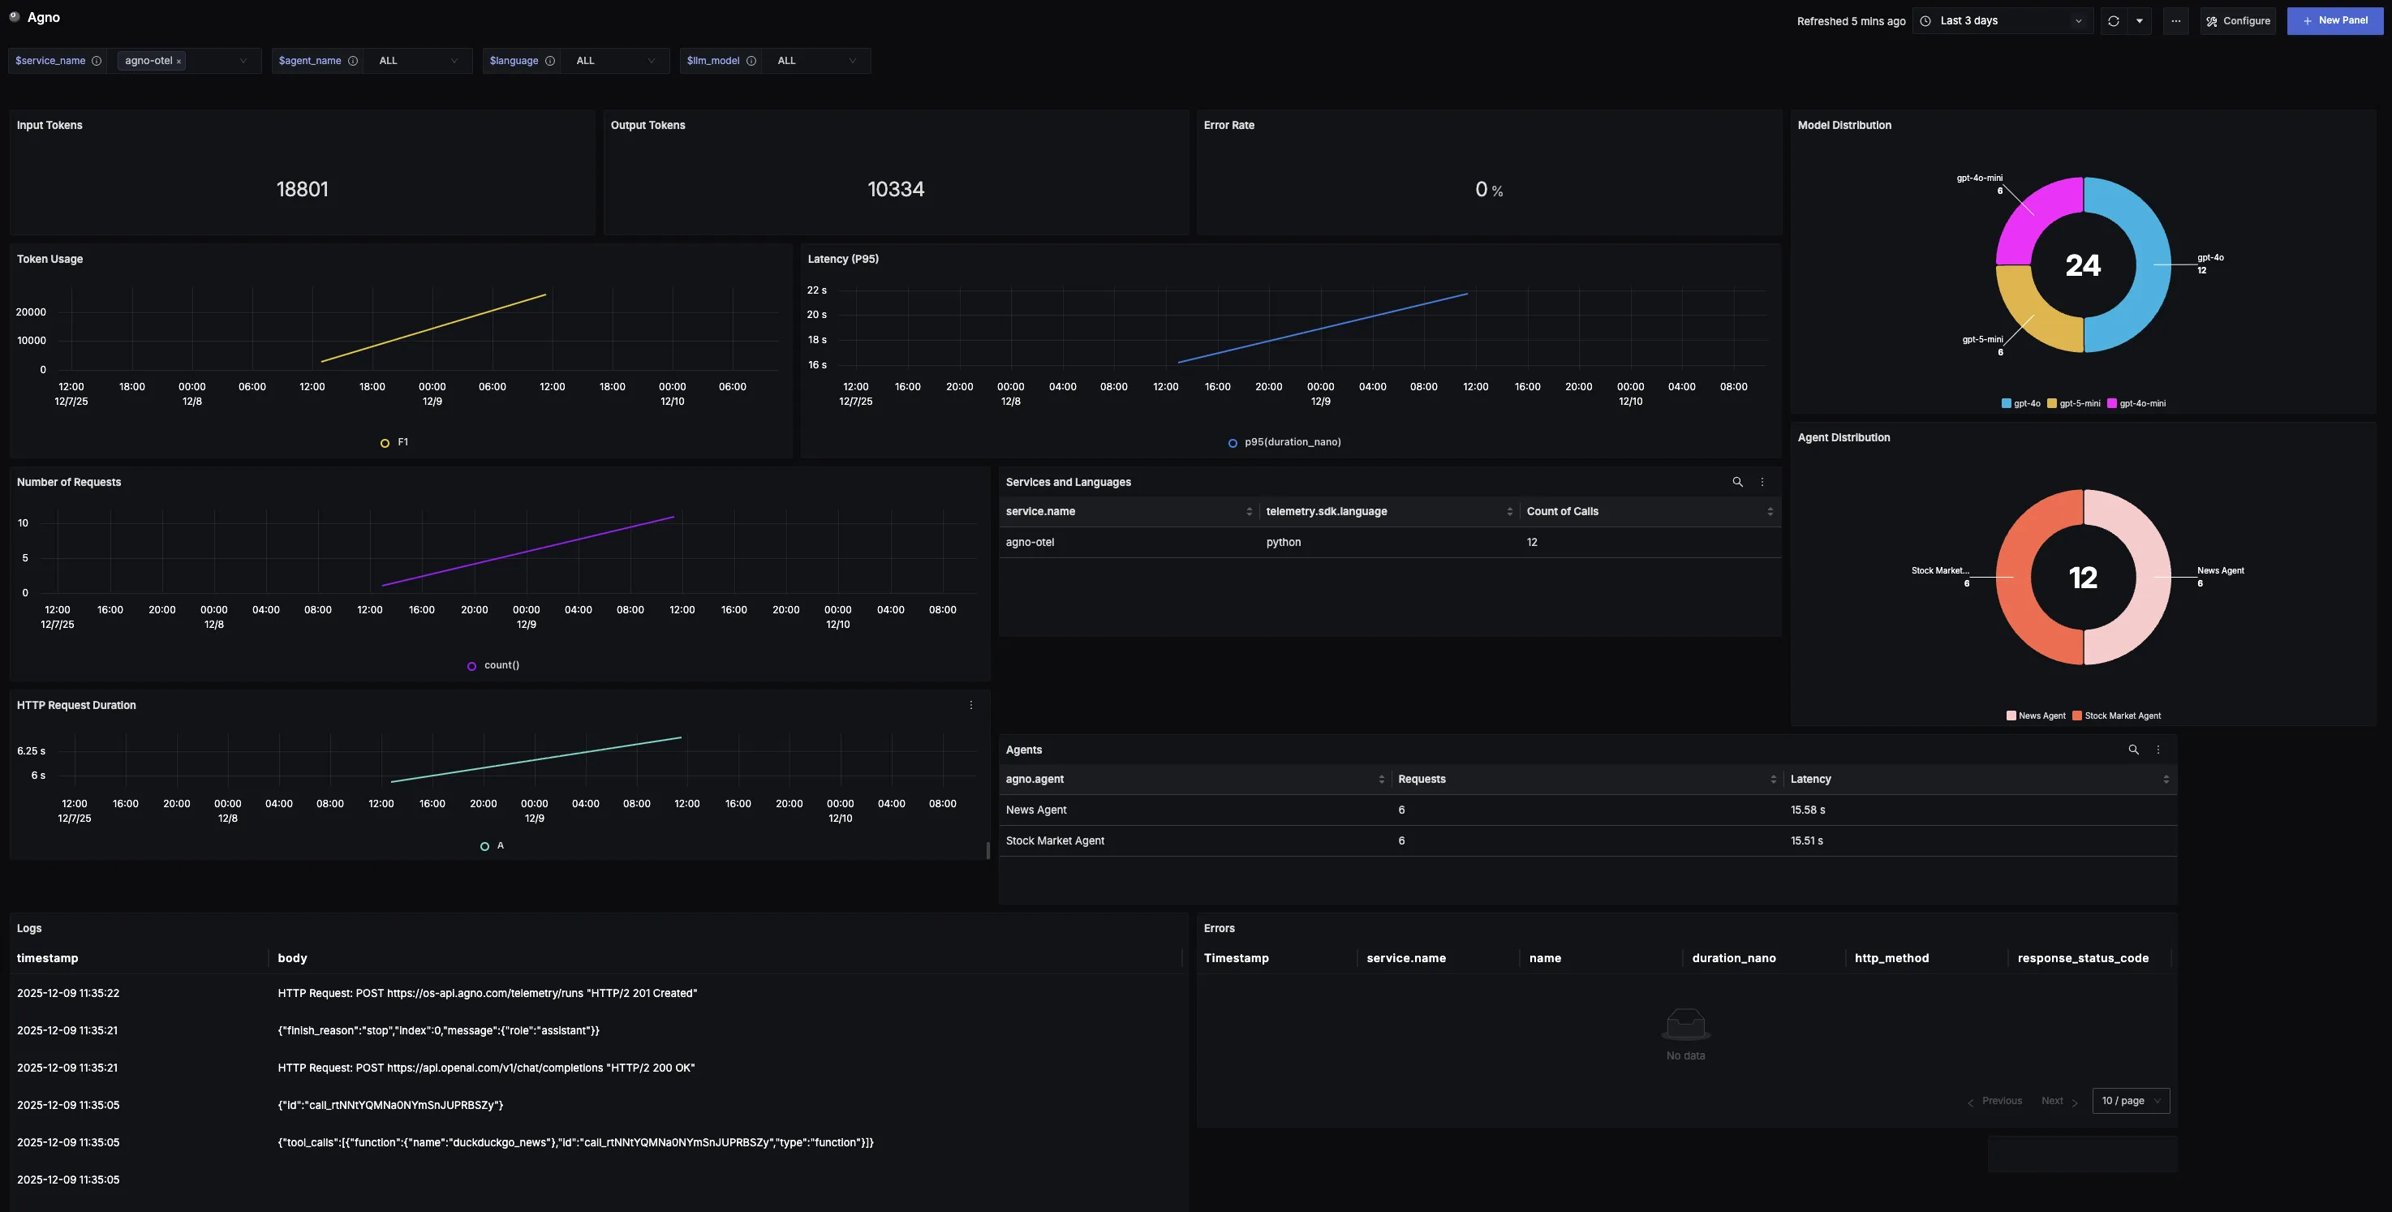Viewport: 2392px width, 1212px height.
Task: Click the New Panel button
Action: pos(2334,20)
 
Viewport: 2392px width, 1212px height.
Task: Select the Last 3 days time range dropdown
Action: pos(2002,20)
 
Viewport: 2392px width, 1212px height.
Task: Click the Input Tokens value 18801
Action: pos(302,190)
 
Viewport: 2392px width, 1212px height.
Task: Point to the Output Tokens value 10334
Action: pos(895,190)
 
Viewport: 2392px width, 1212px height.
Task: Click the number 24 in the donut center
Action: pos(2083,265)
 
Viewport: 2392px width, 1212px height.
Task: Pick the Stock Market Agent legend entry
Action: pos(2122,716)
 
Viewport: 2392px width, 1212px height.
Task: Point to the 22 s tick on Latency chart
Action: pos(816,290)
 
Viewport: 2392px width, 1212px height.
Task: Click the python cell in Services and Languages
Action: pos(1284,543)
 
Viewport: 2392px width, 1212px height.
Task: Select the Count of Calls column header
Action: pos(1563,512)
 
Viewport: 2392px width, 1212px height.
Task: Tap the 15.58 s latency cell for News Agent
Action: pos(1807,810)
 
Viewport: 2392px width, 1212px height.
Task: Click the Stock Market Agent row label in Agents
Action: pos(1055,840)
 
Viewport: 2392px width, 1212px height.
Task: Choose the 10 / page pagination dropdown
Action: pos(2130,1101)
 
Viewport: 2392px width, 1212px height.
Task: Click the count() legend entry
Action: pos(501,665)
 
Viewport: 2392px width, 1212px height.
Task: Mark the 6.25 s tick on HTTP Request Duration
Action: pos(31,750)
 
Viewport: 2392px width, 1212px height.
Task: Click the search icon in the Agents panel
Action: pos(2133,750)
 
